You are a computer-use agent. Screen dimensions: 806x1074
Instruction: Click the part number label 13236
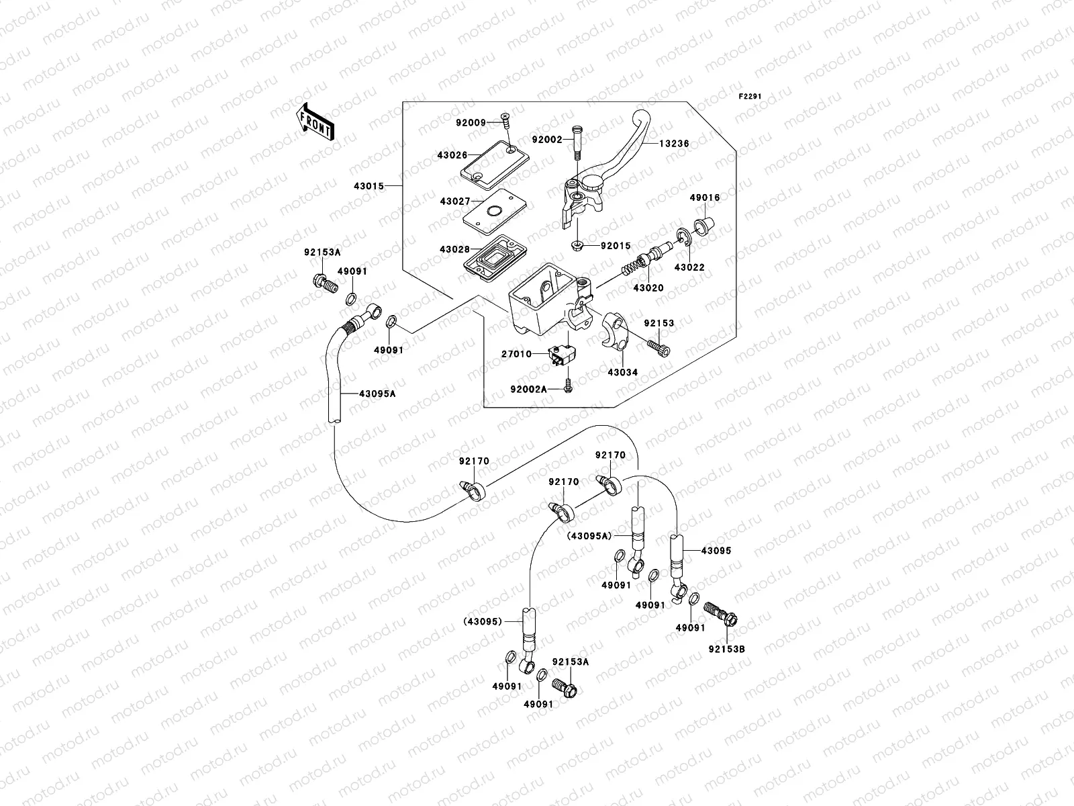674,144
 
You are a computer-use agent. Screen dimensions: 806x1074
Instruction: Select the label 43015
369,185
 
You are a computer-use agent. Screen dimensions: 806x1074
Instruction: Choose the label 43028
454,249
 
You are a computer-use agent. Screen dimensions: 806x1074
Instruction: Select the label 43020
648,287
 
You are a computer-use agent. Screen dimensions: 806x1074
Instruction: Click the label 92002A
528,389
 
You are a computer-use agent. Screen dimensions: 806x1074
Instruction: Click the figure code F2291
750,97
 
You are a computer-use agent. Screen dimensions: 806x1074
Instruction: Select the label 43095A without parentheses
377,394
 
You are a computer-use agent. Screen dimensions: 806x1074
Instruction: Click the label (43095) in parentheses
481,621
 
